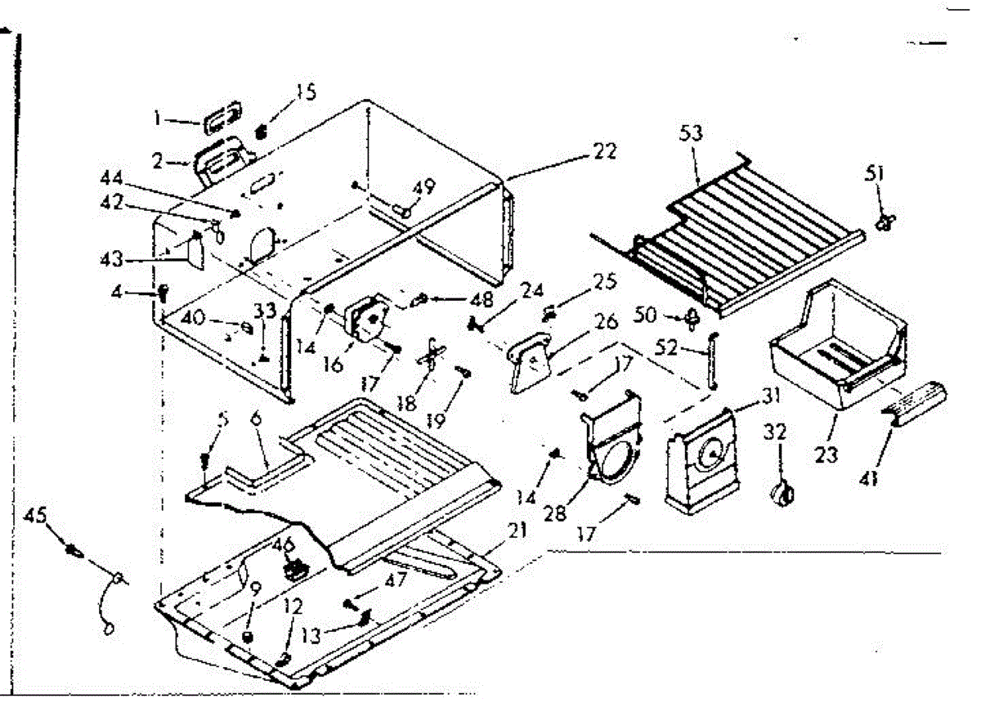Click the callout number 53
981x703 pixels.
pyautogui.click(x=691, y=134)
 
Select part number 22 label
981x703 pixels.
pyautogui.click(x=606, y=152)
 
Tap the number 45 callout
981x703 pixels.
pyautogui.click(x=37, y=515)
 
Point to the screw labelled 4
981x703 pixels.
pyautogui.click(x=162, y=290)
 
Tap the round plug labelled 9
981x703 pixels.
pyautogui.click(x=249, y=636)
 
